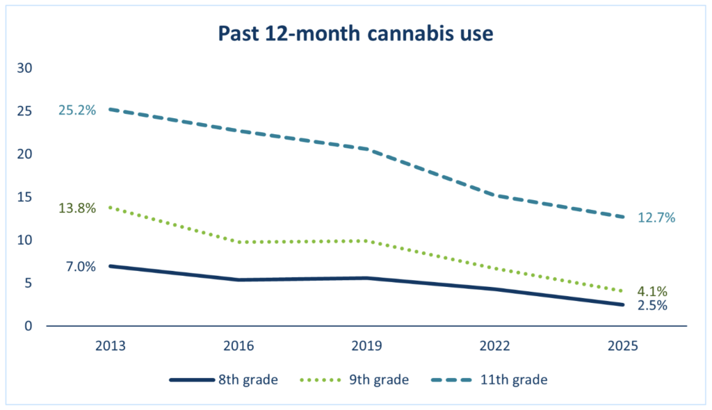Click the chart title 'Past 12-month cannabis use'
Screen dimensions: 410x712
point(356,33)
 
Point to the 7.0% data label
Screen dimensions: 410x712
point(81,266)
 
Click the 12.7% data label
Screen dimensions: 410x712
point(657,218)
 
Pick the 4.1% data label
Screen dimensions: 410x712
point(653,291)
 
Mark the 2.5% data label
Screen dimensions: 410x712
point(653,305)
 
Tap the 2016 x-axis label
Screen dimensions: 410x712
point(239,346)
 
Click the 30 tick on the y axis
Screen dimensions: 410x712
point(27,68)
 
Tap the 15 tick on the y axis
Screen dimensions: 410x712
point(27,197)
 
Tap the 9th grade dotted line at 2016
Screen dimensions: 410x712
point(239,242)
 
